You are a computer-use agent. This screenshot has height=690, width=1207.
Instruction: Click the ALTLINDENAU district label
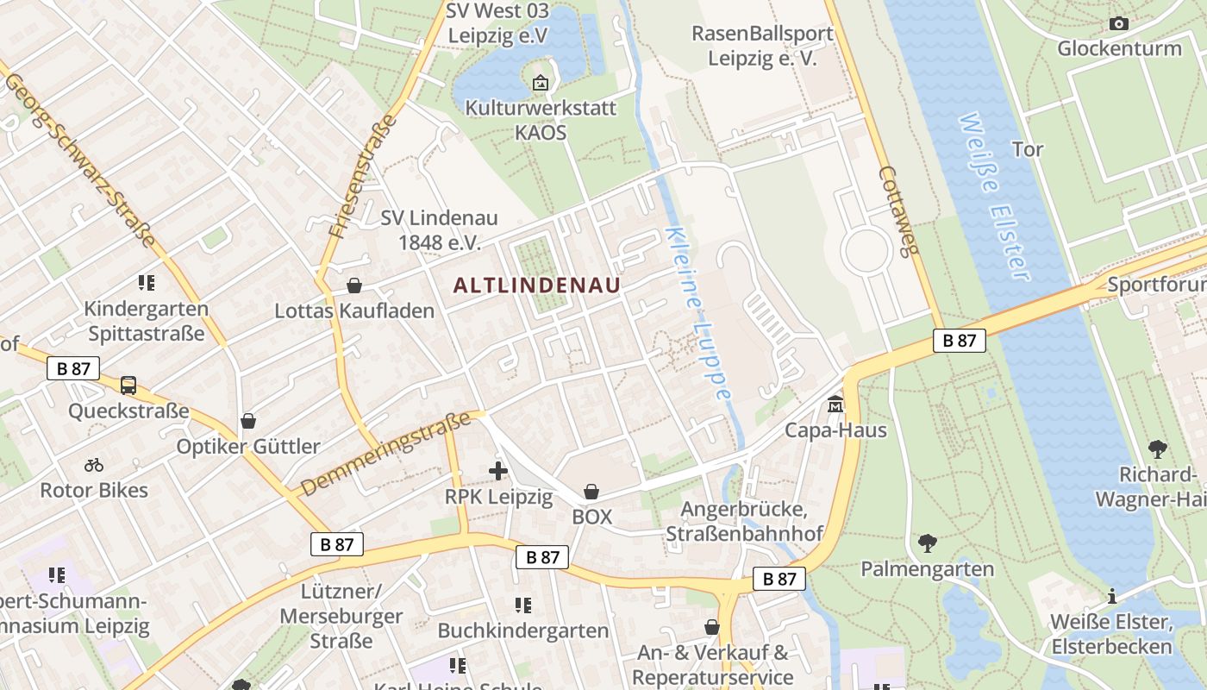coord(536,285)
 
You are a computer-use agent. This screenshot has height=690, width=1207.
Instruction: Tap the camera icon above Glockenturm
coord(1119,23)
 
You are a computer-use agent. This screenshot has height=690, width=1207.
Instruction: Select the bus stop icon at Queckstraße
coord(128,386)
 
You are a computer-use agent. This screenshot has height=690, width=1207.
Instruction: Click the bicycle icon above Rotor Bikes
coord(94,466)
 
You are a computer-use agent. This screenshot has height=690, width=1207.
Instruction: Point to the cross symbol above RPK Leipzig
coord(498,471)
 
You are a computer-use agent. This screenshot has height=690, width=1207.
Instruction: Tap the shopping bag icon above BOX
coord(591,492)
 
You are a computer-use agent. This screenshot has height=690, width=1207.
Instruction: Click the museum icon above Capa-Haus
coord(835,404)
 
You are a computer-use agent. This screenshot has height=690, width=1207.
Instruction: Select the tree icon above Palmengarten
coord(927,543)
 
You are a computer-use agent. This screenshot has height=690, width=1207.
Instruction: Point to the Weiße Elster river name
coord(994,197)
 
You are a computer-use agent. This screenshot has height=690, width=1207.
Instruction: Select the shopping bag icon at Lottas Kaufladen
coord(353,285)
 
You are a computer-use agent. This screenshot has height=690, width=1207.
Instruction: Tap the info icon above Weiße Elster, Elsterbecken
coord(1112,596)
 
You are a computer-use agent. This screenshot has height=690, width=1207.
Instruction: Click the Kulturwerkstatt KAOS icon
coord(541,84)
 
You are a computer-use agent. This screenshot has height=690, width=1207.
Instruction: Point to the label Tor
coord(1028,149)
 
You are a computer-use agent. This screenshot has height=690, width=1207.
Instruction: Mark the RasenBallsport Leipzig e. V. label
coord(762,46)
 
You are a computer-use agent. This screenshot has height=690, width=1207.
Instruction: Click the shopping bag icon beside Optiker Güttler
coord(248,421)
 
